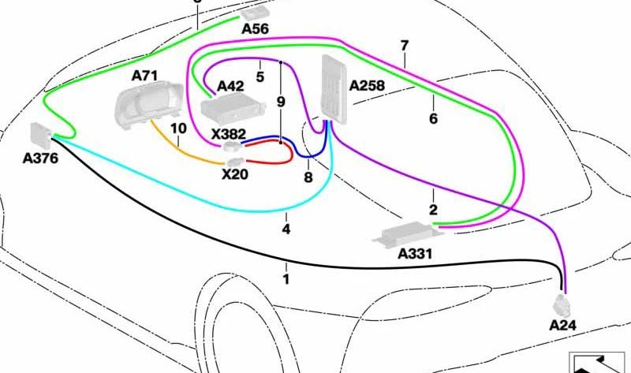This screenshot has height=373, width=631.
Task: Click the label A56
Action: (x=255, y=28)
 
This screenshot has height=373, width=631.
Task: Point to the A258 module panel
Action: (x=334, y=89)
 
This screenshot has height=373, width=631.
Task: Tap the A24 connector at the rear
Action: (x=562, y=304)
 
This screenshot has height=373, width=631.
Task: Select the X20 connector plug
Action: (x=235, y=162)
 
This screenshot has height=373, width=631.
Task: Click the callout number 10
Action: (x=178, y=129)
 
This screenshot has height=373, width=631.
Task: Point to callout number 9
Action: (x=281, y=102)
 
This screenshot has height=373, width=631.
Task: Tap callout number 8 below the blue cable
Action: (x=308, y=177)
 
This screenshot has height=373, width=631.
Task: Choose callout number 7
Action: (x=405, y=46)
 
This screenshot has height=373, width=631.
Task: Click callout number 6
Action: (x=433, y=119)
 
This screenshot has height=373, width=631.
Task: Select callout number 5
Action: (x=260, y=76)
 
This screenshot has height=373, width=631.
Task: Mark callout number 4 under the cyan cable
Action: (x=286, y=229)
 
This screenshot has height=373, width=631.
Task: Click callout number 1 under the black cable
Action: (x=286, y=279)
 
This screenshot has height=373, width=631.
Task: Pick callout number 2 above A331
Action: (x=433, y=210)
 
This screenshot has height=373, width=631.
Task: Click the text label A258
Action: (x=367, y=85)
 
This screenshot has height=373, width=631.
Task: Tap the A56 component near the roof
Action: (x=256, y=14)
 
